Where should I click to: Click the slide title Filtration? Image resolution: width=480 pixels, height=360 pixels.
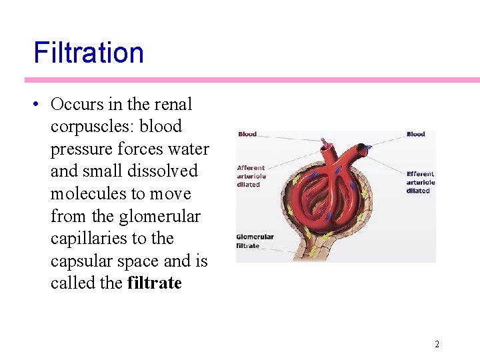click(89, 53)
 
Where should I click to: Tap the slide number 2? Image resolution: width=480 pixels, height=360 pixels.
click(437, 344)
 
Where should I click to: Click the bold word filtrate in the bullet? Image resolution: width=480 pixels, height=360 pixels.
click(154, 283)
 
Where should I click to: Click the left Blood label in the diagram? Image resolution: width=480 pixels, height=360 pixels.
click(247, 134)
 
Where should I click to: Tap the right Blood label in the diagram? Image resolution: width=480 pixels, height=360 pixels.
click(416, 134)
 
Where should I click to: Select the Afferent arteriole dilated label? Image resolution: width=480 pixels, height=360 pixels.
click(251, 176)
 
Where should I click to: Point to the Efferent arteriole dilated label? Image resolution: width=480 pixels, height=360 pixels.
click(421, 182)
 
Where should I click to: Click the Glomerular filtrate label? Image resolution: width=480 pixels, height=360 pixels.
click(255, 241)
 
